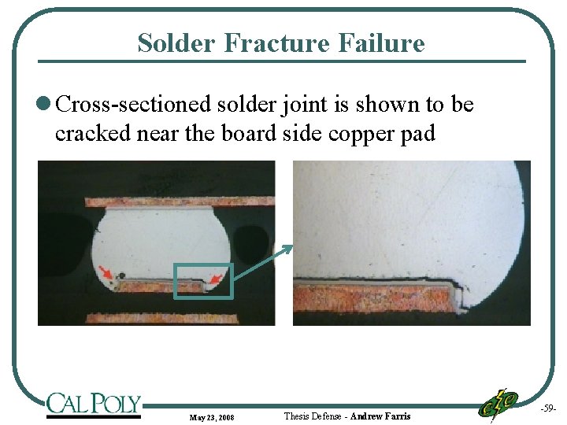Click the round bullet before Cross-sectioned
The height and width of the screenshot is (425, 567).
tap(44, 105)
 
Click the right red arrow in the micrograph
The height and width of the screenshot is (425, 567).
tap(218, 275)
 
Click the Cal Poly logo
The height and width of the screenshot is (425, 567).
tap(93, 405)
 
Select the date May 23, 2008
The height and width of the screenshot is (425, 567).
tap(210, 416)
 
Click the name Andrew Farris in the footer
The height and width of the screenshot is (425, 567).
tap(380, 416)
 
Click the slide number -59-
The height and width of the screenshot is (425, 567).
tap(548, 409)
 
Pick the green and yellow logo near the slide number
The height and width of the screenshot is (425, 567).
tap(500, 404)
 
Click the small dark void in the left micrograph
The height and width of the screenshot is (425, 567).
tap(123, 275)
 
